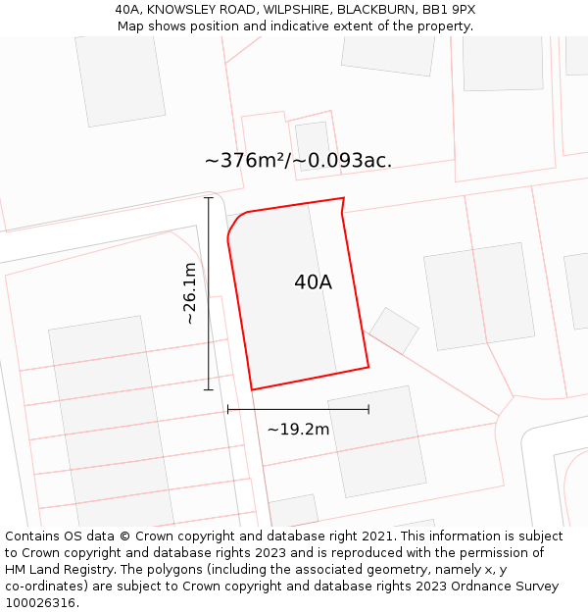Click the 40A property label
click(313, 282)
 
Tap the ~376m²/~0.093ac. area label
click(298, 161)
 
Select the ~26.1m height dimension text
click(190, 293)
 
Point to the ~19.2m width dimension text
click(298, 429)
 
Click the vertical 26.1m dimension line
click(208, 294)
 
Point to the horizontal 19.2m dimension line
click(298, 409)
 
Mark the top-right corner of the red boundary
click(343, 199)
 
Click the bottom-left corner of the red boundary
click(253, 389)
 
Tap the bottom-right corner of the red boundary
click(368, 367)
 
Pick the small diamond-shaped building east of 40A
click(394, 331)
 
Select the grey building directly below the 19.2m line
click(376, 441)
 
